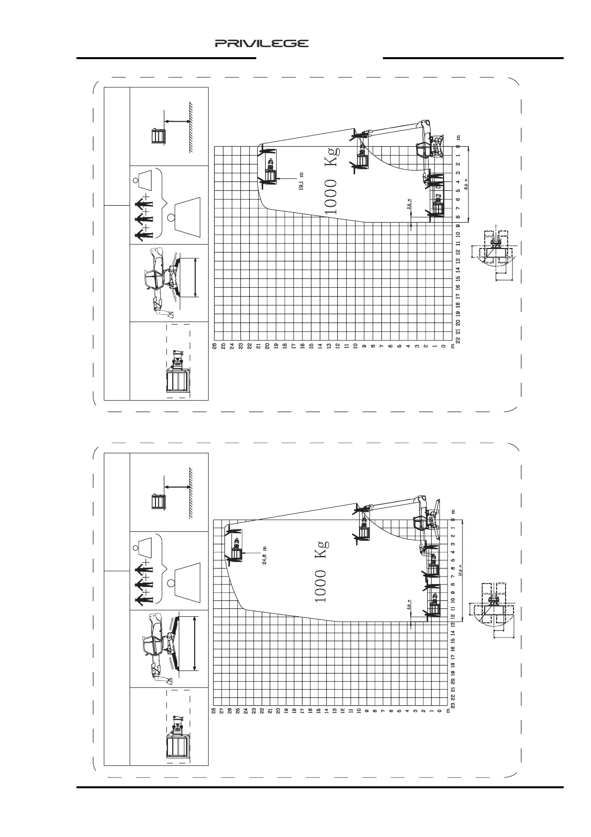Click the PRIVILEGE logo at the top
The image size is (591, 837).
coord(261,44)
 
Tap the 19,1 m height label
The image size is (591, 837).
coord(301,181)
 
